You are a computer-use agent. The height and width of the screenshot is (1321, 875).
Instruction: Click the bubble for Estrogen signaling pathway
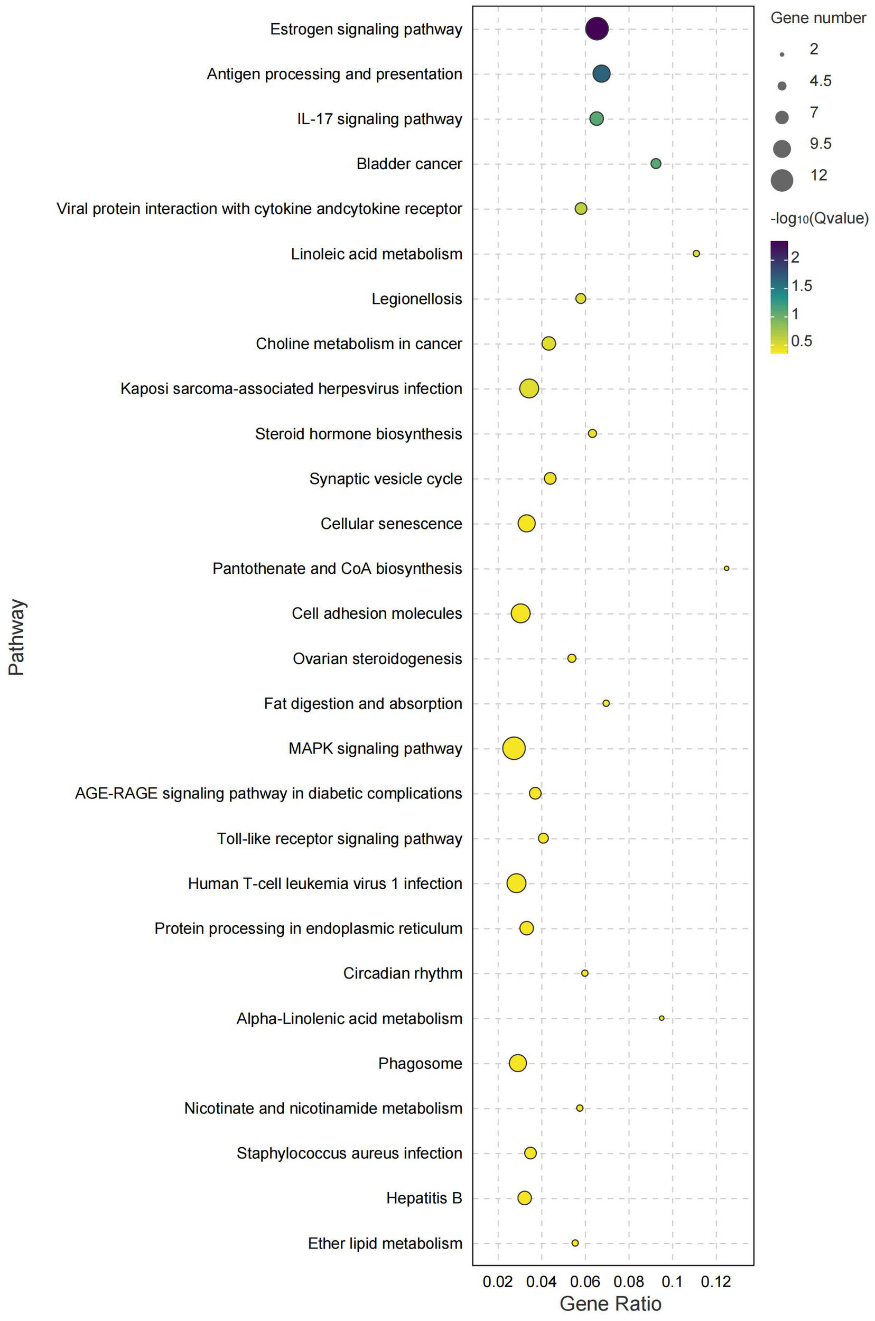tap(597, 29)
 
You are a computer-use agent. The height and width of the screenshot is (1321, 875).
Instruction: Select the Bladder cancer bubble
tap(656, 163)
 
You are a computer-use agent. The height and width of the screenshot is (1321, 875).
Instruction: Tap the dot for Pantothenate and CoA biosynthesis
tap(726, 568)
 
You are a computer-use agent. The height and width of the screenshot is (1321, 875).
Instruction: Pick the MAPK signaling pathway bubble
tap(514, 748)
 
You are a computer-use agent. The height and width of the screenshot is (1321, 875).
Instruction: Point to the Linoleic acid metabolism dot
tap(696, 254)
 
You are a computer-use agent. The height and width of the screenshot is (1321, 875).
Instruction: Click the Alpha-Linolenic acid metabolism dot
tap(662, 1018)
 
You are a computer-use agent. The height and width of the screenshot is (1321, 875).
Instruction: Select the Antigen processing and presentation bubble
tap(601, 73)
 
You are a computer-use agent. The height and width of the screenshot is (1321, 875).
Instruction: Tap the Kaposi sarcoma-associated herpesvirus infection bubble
tap(528, 388)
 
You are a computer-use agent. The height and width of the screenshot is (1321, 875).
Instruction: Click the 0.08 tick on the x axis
tap(628, 1281)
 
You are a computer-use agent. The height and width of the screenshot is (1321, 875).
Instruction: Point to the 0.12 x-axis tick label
tap(716, 1281)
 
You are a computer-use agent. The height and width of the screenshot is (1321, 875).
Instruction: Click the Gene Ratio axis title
tap(610, 1303)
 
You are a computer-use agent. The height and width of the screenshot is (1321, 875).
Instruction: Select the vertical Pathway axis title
tap(17, 637)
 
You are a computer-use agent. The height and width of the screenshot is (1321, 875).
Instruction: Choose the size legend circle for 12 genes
tap(782, 180)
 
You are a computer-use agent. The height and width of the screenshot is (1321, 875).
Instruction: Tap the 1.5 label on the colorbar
tap(802, 286)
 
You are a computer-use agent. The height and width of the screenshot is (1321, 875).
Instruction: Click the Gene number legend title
tap(817, 18)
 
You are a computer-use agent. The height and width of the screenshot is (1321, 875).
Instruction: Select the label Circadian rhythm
tap(402, 973)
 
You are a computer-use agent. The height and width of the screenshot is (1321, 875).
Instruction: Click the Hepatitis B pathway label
tap(424, 1198)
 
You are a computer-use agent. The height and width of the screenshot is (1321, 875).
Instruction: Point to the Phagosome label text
tap(420, 1063)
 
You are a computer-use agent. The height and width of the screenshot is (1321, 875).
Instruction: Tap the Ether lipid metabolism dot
tap(575, 1243)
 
